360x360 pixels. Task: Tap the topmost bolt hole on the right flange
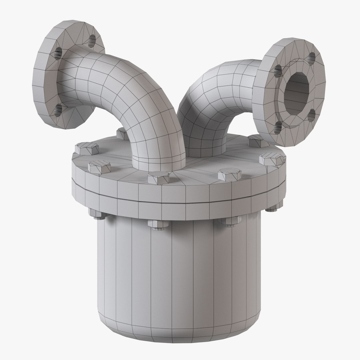coord(312,57)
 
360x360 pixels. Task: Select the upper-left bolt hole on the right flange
coord(277,69)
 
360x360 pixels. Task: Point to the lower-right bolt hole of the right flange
coord(311,115)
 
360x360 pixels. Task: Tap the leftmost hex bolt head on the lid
coord(87,148)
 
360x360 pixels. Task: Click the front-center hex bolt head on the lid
coord(158,177)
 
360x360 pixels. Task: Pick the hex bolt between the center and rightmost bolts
coord(229,174)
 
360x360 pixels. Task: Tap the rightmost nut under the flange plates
coord(271,209)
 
